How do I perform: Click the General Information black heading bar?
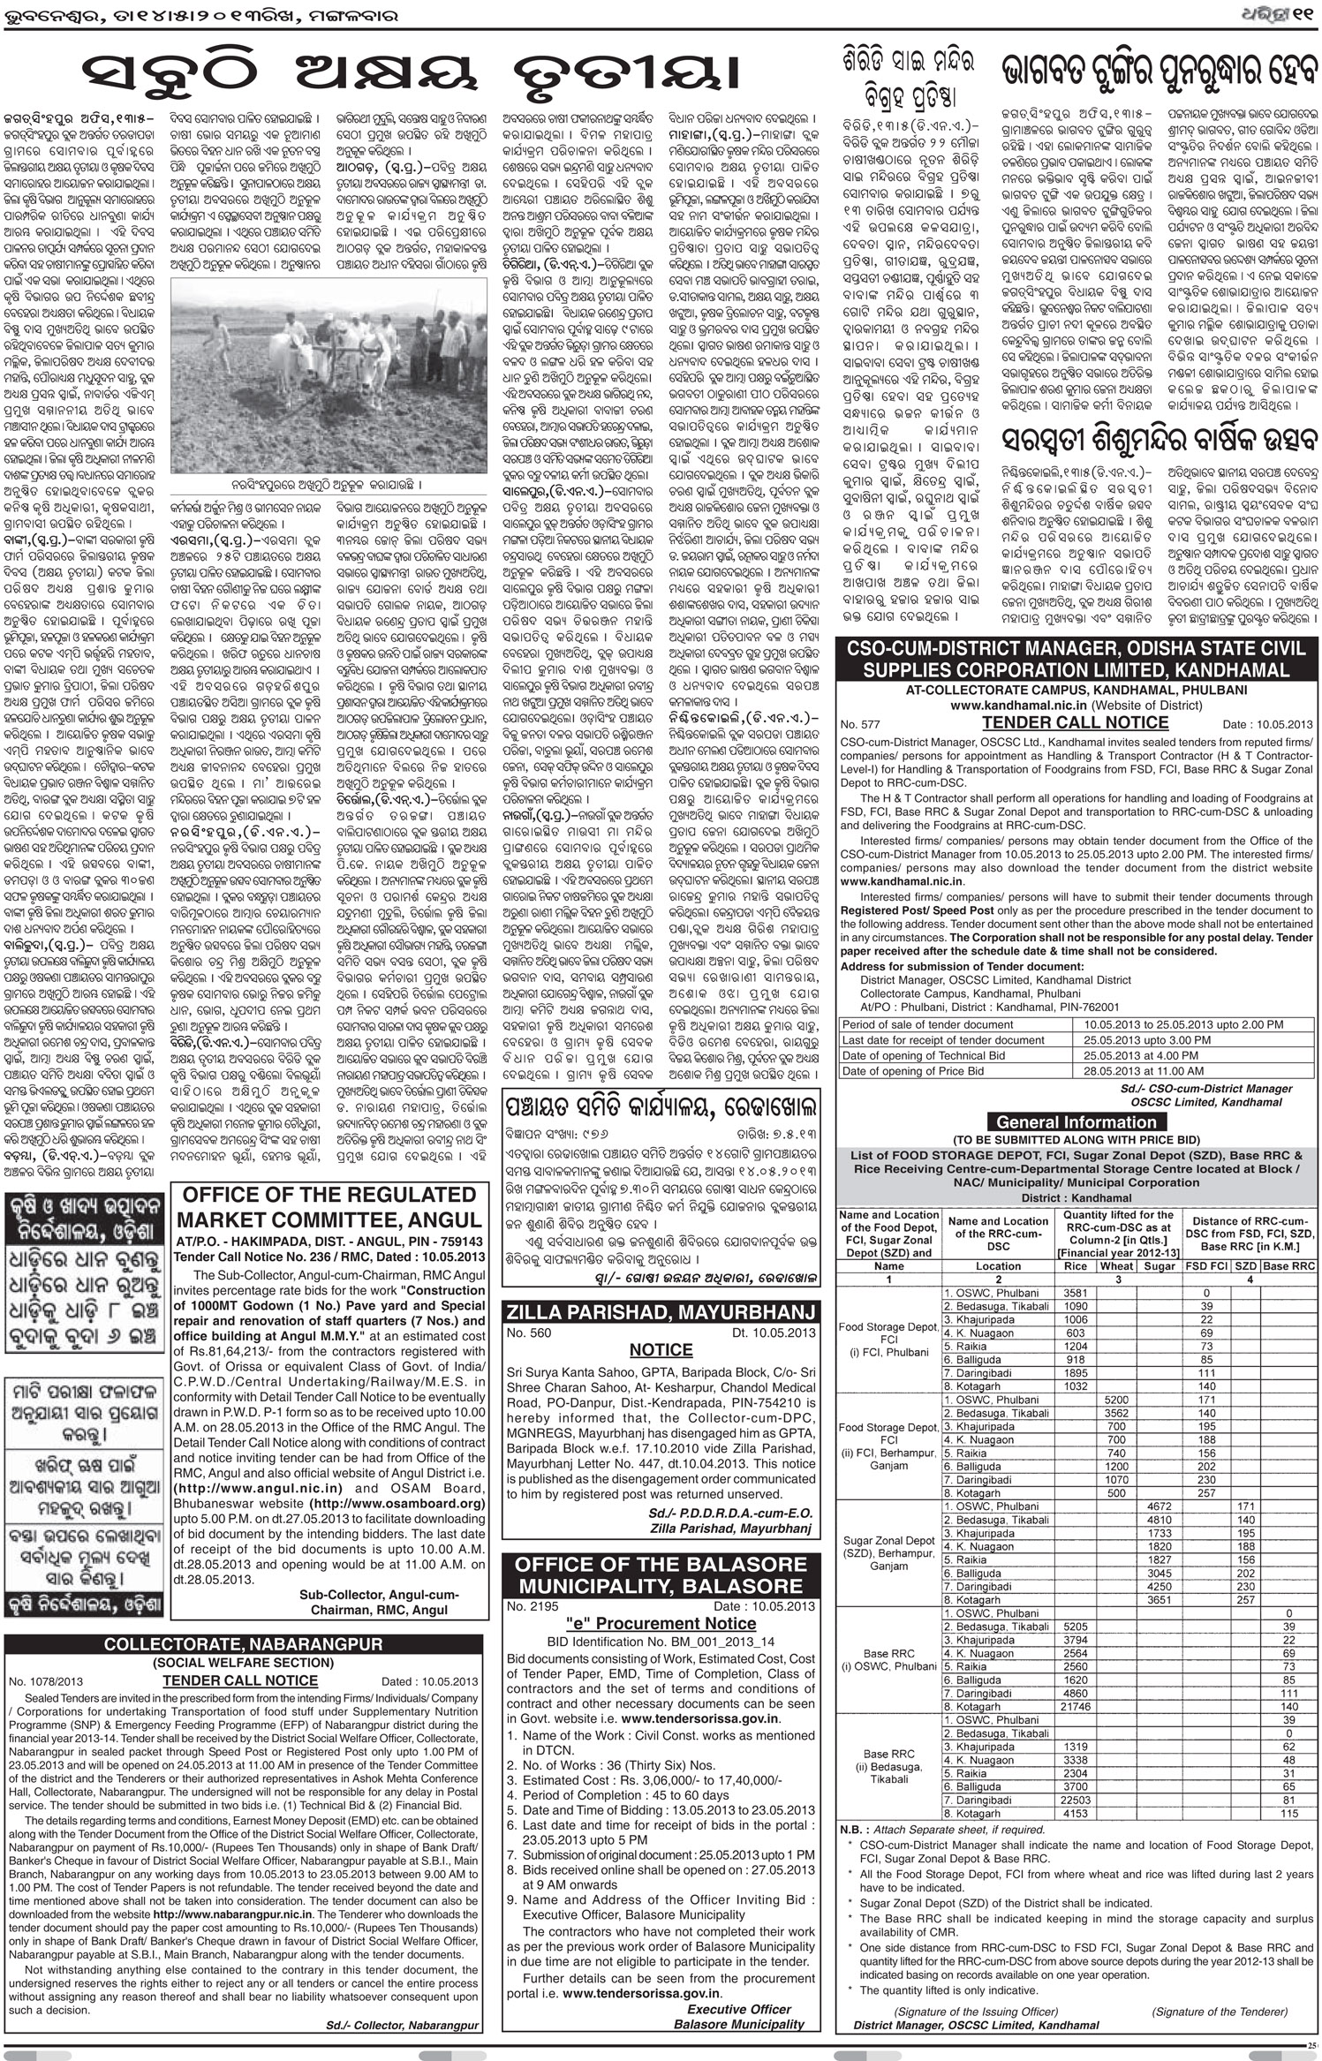tap(1075, 1121)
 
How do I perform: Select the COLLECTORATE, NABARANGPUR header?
tap(243, 1644)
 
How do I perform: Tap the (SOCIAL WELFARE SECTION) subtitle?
tap(243, 1662)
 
